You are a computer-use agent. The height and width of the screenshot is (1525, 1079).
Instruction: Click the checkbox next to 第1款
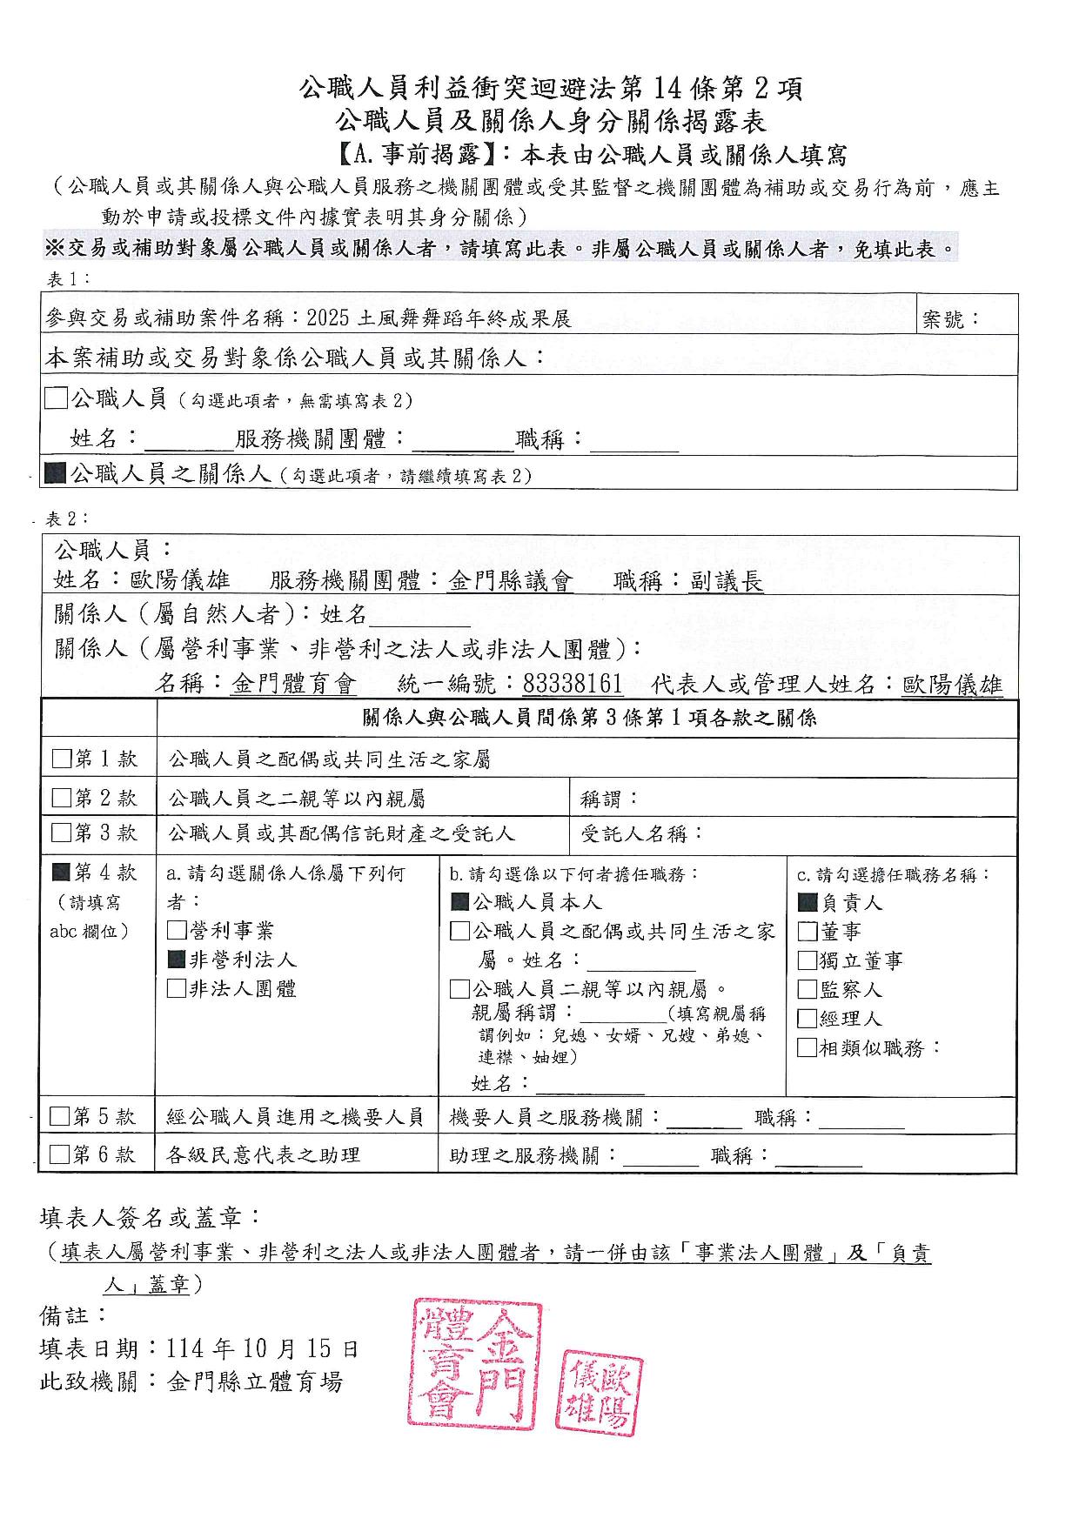[x=61, y=759]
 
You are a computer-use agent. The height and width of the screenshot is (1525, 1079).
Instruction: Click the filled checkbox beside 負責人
[x=807, y=903]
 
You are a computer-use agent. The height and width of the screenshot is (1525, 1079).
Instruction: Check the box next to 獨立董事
[x=807, y=960]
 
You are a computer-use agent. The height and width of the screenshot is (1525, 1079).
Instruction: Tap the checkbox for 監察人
[x=807, y=989]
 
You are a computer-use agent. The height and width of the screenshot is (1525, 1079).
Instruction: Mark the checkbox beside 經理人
[x=807, y=1018]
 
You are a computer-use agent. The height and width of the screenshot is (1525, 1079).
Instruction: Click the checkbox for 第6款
[x=59, y=1154]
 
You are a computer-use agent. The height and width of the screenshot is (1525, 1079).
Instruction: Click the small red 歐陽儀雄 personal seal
[x=600, y=1392]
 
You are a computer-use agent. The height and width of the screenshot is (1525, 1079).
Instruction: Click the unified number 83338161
[x=573, y=685]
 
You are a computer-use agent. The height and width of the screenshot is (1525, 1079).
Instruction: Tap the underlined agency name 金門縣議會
[x=511, y=582]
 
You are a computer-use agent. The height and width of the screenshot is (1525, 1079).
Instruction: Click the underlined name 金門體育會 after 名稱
[x=294, y=685]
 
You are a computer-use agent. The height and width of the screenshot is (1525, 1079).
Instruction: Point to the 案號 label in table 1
[x=950, y=320]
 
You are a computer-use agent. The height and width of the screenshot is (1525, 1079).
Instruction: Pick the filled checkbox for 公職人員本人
[x=459, y=903]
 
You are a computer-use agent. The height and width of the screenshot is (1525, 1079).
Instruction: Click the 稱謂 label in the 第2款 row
[x=609, y=798]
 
